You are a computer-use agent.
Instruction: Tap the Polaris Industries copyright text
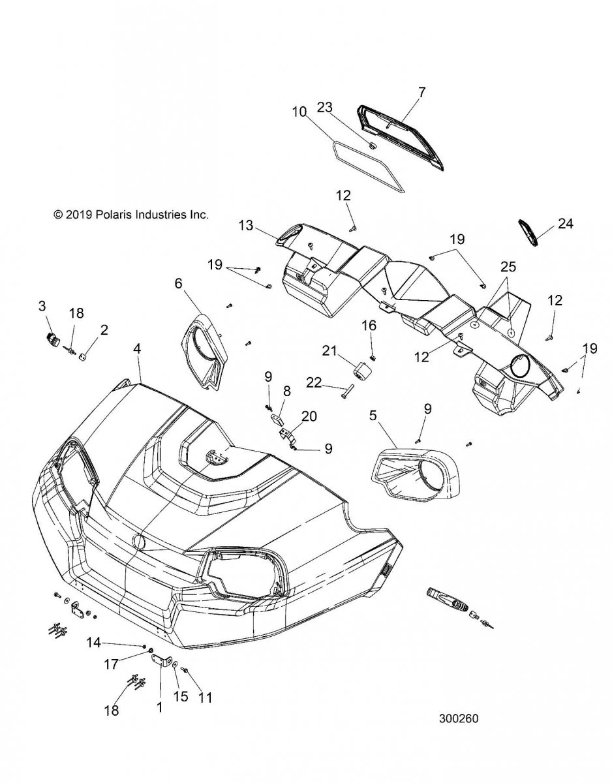coord(130,213)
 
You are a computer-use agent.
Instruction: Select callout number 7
coord(421,92)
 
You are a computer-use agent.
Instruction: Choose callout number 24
coord(565,224)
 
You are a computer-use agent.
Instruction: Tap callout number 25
coord(507,268)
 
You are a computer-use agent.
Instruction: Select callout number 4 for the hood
coord(137,349)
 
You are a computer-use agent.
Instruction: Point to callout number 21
coord(328,352)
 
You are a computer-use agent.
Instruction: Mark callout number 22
coord(313,384)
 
